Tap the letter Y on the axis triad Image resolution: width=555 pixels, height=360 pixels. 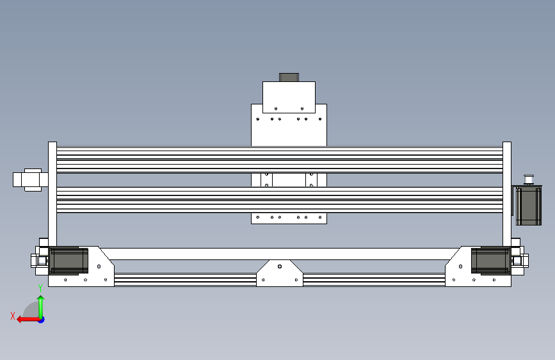click(x=40, y=288)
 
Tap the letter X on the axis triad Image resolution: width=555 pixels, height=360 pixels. click(x=13, y=315)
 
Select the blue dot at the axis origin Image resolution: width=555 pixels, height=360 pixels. click(x=41, y=319)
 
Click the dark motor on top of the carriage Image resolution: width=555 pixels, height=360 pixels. click(x=289, y=78)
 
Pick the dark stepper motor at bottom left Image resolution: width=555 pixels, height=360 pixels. click(x=68, y=261)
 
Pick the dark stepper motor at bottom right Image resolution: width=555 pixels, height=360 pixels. click(x=490, y=261)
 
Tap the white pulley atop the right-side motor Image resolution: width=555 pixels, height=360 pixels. click(x=529, y=179)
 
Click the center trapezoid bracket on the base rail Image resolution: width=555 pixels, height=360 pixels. click(x=279, y=274)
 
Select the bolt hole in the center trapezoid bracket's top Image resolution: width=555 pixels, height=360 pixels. click(x=279, y=265)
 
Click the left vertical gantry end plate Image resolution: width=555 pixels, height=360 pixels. click(x=52, y=192)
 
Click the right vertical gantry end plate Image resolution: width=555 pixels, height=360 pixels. click(x=507, y=192)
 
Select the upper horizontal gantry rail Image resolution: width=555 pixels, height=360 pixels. click(x=279, y=159)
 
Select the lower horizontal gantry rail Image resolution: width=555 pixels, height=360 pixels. click(x=279, y=200)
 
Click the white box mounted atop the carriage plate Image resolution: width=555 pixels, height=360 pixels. click(x=289, y=97)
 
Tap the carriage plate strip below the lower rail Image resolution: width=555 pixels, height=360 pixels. click(x=289, y=218)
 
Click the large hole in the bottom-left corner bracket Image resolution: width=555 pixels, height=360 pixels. click(x=99, y=266)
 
